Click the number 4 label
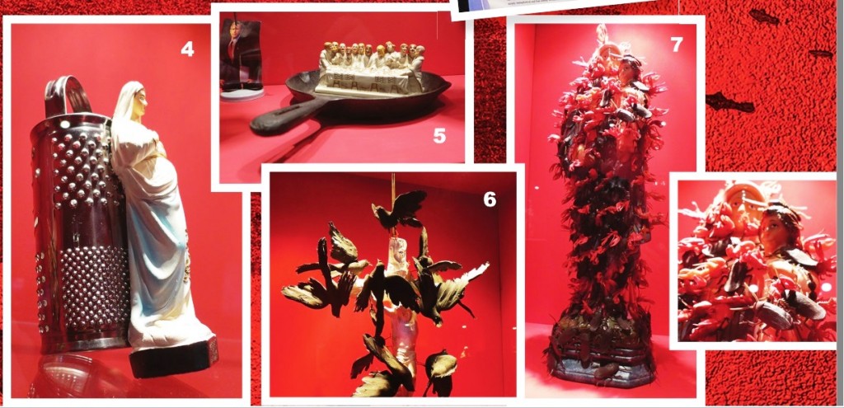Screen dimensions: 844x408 187,49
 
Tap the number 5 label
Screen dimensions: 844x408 439,136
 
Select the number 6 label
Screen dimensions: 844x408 490,199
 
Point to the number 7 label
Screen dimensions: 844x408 677,45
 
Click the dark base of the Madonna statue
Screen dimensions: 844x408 173,357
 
